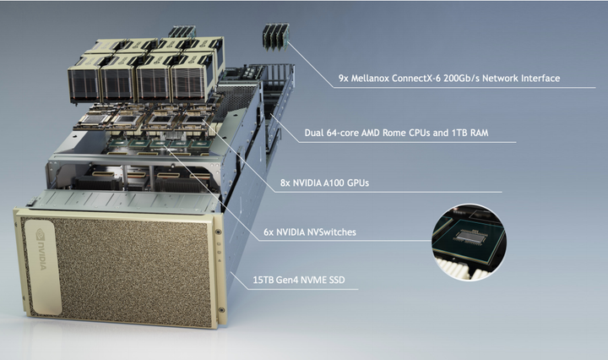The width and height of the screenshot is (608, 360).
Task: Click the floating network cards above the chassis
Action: point(274,35)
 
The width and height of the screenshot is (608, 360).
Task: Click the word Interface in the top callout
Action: point(537,79)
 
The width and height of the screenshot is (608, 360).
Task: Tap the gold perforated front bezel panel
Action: point(127,270)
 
